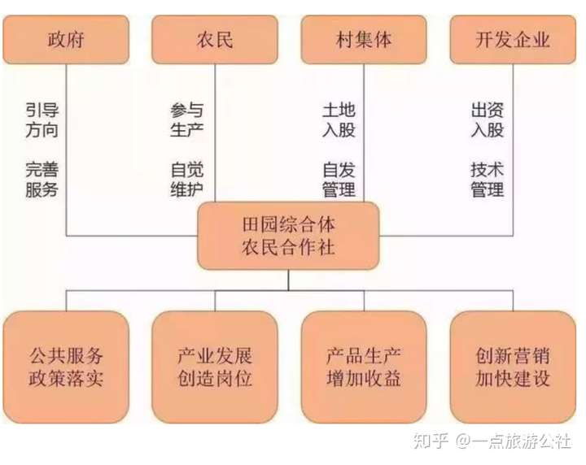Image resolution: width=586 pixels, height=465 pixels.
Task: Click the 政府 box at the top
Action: [66, 39]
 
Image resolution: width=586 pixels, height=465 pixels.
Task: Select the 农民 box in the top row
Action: [215, 39]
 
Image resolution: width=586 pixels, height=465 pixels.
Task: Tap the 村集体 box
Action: [363, 39]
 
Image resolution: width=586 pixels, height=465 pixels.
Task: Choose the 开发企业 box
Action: [513, 39]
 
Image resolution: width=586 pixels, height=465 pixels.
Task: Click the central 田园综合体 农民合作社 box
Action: [289, 235]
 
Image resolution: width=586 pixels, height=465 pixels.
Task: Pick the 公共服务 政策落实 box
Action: [66, 367]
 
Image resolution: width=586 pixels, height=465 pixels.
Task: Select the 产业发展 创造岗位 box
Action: [215, 367]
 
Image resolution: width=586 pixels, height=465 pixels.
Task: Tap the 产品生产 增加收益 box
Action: [363, 367]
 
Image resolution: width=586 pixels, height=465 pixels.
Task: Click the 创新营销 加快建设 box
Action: [513, 367]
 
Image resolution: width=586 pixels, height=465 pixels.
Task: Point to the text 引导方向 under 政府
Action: [42, 120]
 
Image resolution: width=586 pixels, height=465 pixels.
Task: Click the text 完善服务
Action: [42, 180]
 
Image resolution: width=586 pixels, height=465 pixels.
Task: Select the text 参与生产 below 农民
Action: [187, 120]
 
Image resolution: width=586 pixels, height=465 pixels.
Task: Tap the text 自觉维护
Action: [187, 180]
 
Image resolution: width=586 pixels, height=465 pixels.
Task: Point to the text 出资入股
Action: [487, 120]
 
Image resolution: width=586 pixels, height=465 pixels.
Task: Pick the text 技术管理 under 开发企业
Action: [487, 180]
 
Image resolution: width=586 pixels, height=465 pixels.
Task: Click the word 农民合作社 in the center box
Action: [289, 247]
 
